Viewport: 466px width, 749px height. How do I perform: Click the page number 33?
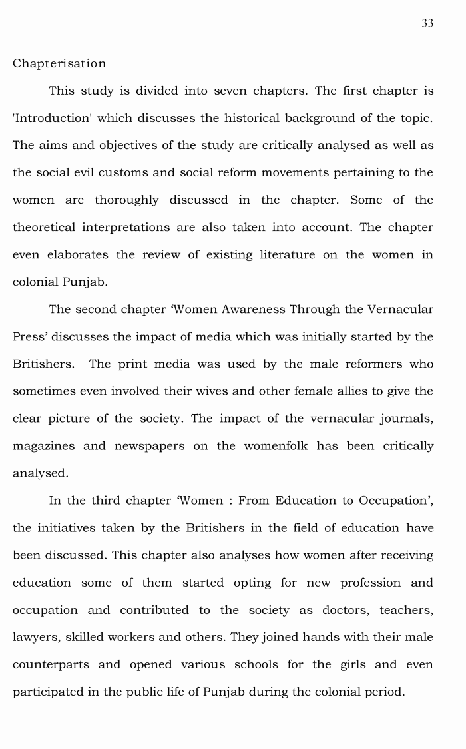[427, 23]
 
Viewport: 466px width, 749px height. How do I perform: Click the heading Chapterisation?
[59, 63]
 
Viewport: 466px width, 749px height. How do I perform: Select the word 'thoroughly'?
[126, 200]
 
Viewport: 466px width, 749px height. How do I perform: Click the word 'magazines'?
[43, 445]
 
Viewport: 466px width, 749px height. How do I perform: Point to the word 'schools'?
[255, 664]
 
